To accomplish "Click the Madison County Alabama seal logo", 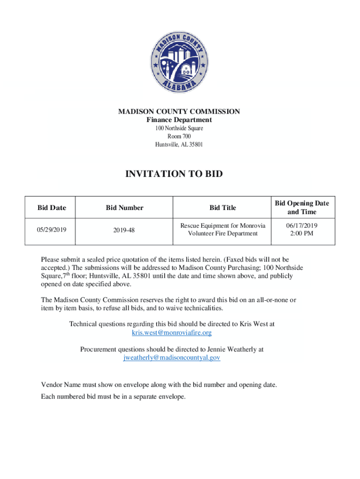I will point(179,62).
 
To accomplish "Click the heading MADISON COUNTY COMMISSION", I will point(179,111).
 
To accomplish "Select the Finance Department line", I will point(179,120).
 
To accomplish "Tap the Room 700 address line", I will point(179,136).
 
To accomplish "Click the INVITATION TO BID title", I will point(174,174).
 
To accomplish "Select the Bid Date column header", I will point(52,208).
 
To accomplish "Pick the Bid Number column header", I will point(124,208).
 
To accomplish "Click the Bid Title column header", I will point(223,208).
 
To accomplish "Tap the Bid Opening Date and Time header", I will point(302,207).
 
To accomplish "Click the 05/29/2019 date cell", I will point(51,230).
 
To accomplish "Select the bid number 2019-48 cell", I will point(124,230).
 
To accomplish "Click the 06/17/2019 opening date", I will point(302,225).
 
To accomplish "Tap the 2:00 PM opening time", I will point(302,233).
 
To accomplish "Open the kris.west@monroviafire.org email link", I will point(172,333).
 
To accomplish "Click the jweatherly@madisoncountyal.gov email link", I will point(172,357).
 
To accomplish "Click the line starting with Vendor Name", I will point(159,385).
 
